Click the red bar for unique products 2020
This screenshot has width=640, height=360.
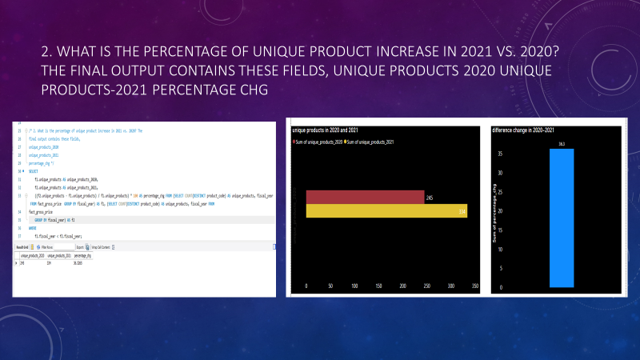click(x=365, y=197)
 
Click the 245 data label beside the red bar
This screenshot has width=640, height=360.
click(x=430, y=197)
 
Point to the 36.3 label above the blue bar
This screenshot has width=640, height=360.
click(x=562, y=144)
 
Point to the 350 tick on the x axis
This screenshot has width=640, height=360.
click(x=476, y=286)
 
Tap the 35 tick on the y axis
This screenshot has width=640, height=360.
click(x=500, y=153)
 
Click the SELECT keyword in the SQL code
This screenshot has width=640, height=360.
click(x=34, y=170)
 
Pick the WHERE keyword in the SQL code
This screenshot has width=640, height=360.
click(x=33, y=228)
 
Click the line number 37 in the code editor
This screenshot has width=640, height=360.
click(x=18, y=236)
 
